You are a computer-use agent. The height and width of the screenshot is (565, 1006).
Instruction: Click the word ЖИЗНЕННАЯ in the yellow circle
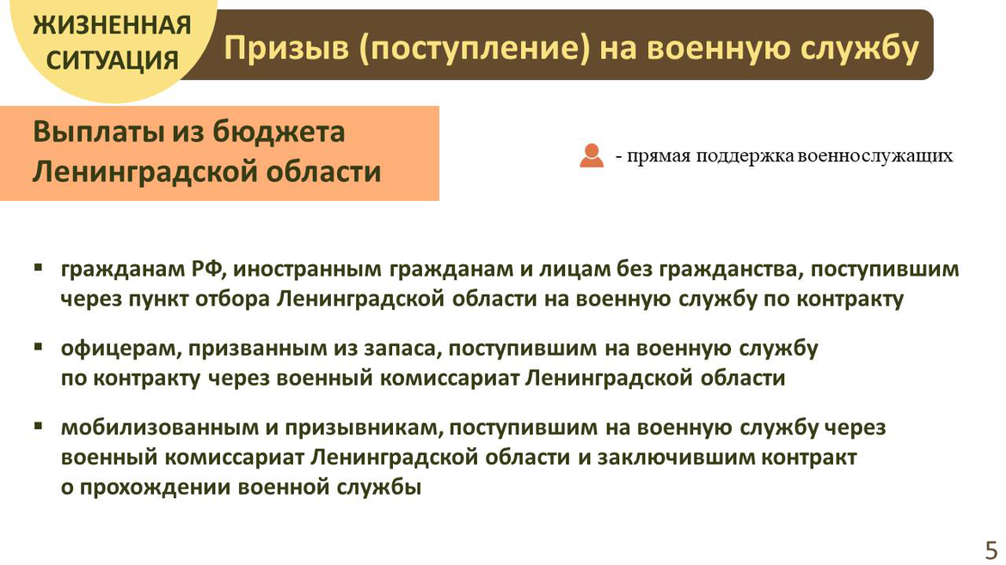click(113, 26)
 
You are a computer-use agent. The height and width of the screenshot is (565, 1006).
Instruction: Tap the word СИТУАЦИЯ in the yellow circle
click(113, 61)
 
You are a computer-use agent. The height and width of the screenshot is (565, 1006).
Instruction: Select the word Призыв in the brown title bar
click(287, 49)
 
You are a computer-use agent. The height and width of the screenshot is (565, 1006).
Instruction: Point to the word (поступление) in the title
click(474, 49)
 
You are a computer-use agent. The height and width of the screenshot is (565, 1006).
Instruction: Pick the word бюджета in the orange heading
click(279, 132)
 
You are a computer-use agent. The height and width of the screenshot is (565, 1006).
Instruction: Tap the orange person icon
click(591, 155)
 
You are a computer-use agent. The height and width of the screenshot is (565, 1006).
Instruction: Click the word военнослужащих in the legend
click(875, 155)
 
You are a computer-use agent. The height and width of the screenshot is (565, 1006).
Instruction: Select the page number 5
click(991, 550)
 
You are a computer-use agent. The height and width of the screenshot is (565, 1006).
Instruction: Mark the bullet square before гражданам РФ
click(39, 267)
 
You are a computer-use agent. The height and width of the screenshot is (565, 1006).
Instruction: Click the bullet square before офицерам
click(39, 347)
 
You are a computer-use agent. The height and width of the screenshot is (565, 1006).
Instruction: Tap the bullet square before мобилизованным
click(39, 425)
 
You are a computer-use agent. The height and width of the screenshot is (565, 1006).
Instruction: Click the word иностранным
click(307, 270)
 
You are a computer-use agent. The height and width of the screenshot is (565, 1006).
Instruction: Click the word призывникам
click(364, 428)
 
